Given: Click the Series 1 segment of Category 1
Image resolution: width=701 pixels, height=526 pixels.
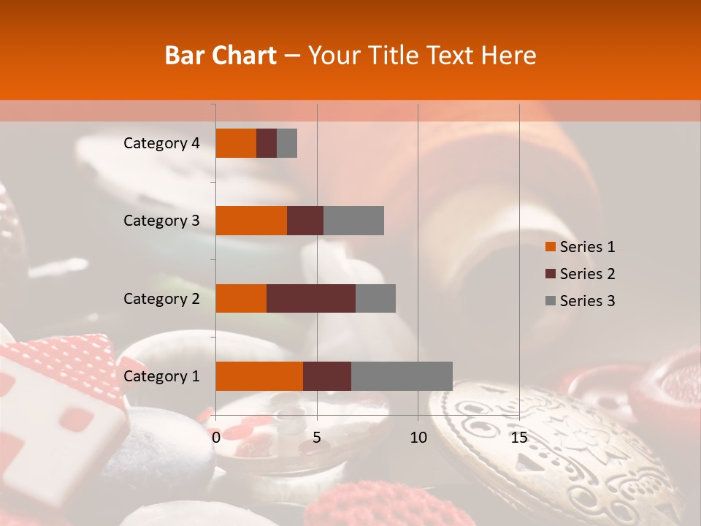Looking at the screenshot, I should click(259, 376).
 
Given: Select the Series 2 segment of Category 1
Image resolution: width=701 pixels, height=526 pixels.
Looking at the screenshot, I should click(327, 376).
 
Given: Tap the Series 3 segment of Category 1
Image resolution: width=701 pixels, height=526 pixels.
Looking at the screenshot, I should click(402, 376).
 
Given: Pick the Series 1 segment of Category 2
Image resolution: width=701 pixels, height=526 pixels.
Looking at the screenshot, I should click(241, 298).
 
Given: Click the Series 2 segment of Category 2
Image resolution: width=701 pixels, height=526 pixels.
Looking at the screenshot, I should click(311, 298).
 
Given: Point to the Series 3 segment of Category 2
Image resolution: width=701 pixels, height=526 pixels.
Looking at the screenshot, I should click(375, 298).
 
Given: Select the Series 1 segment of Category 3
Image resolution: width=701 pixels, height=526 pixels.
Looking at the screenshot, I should click(251, 221).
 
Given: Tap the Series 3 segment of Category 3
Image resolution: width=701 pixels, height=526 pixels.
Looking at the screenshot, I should click(353, 221).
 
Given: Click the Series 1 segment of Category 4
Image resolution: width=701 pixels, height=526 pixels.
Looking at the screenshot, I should click(236, 143).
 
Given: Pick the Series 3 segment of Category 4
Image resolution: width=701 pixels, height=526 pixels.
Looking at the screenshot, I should click(287, 143).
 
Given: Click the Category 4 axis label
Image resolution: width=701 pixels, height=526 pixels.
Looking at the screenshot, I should click(161, 143).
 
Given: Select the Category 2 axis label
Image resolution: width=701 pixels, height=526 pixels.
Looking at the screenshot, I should click(161, 298).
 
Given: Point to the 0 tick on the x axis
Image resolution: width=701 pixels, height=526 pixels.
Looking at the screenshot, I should click(216, 438).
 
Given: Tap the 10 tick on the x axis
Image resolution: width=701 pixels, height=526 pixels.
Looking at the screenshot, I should click(418, 438).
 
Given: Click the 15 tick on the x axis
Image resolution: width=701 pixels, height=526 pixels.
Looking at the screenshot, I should click(518, 438).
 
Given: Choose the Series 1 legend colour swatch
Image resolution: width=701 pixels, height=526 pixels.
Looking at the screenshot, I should click(551, 247).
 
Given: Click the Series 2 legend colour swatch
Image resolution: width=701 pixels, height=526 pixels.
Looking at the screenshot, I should click(551, 274).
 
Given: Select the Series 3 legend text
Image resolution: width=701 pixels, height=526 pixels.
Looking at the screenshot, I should click(587, 301).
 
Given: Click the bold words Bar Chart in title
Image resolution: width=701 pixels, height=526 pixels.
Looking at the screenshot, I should click(220, 56).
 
